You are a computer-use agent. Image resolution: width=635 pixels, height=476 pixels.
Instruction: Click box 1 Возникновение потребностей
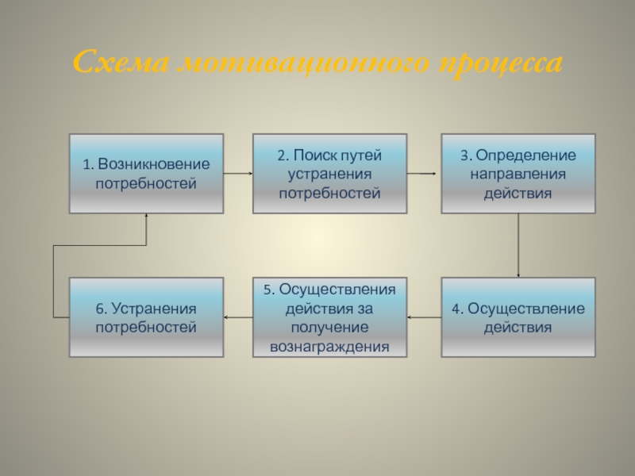[x=146, y=174]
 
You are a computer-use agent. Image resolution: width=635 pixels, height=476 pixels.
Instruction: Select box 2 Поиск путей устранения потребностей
[x=329, y=174]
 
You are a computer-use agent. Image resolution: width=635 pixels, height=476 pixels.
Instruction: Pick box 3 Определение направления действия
[x=518, y=174]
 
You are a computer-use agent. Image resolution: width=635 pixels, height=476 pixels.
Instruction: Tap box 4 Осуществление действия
[x=518, y=317]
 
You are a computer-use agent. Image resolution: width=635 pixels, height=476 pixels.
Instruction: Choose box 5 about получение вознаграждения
[x=329, y=317]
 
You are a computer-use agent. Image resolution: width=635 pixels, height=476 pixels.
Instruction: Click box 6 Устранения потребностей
[x=146, y=317]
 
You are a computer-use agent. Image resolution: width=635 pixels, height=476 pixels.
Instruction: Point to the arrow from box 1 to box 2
[x=237, y=173]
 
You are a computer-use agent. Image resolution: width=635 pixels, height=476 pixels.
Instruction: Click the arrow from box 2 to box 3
[x=423, y=173]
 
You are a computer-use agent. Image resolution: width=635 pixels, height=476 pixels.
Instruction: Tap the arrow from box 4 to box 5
[x=424, y=317]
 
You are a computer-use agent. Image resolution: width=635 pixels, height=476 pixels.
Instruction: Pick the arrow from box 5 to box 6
[x=238, y=317]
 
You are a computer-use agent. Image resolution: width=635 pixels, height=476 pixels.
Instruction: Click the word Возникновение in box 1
[x=153, y=165]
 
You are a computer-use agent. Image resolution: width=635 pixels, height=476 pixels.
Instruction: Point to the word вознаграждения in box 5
[x=329, y=347]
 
